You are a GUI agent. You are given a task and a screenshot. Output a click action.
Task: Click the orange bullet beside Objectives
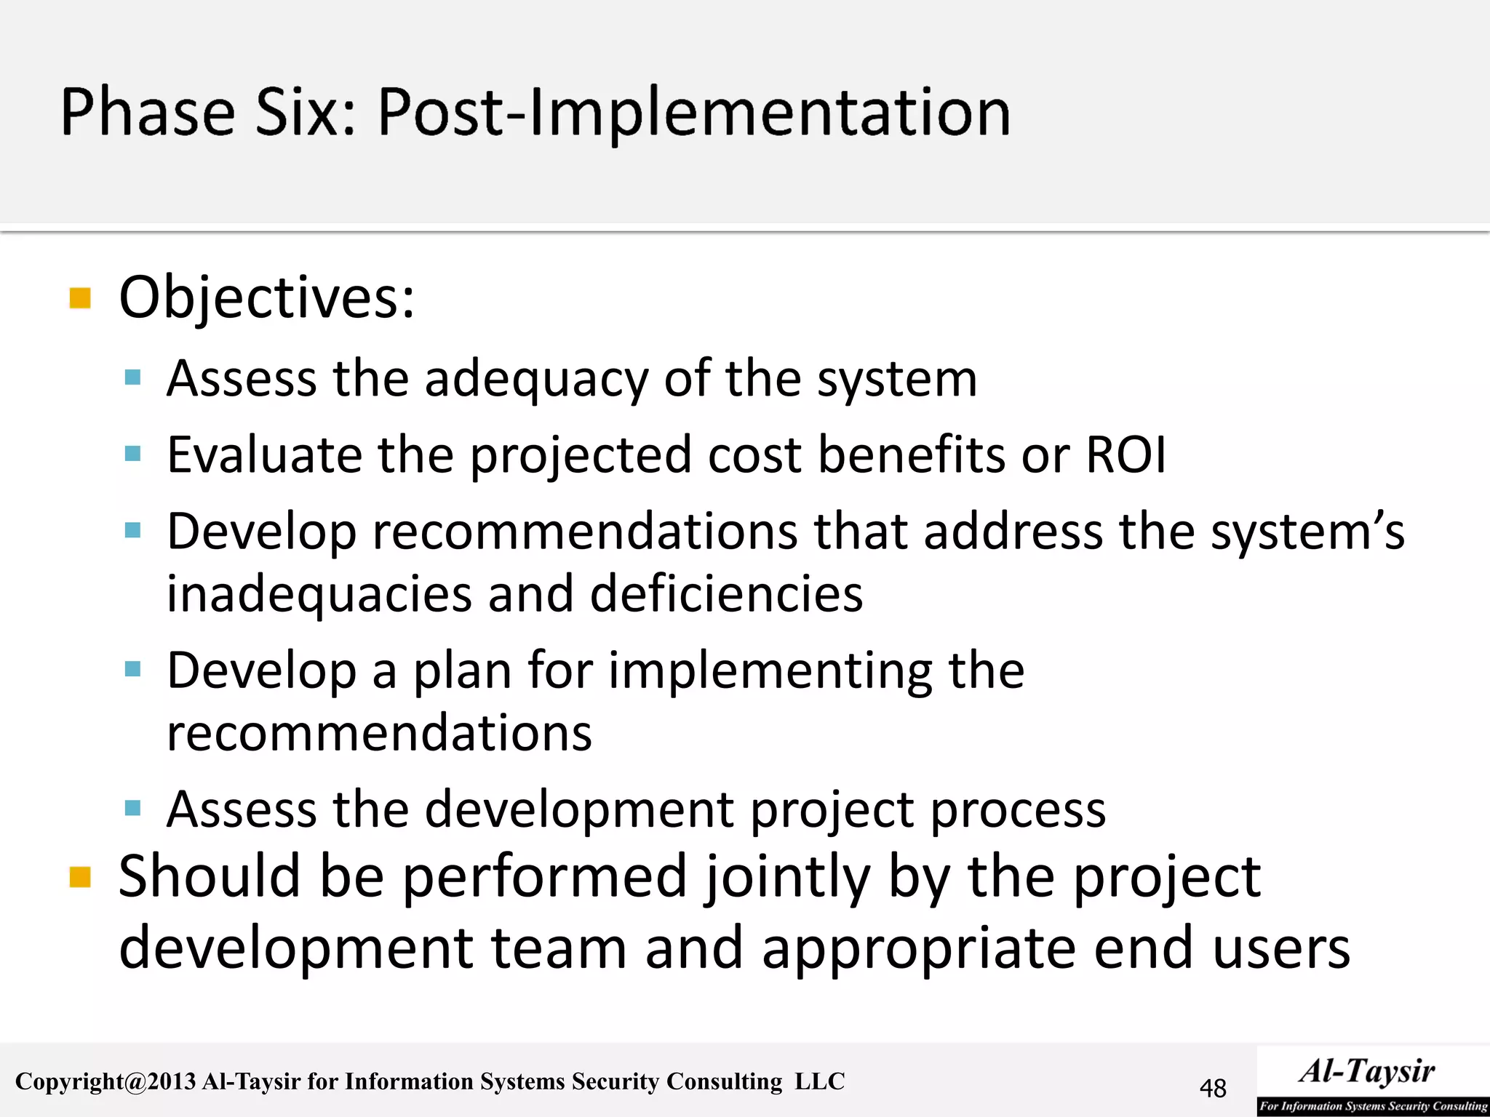tap(80, 298)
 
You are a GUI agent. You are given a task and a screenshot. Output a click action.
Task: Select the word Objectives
tap(266, 298)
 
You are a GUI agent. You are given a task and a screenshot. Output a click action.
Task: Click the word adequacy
tap(536, 380)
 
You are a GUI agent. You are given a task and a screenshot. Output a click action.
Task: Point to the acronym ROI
tap(1126, 455)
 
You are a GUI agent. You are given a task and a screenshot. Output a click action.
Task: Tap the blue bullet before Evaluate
tap(132, 455)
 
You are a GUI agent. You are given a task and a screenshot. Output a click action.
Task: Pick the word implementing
tap(770, 670)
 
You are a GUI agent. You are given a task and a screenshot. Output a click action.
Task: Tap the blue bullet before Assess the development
tap(132, 808)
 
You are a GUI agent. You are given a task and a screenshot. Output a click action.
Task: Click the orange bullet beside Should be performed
tap(80, 877)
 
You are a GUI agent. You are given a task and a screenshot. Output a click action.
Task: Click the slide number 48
tap(1213, 1089)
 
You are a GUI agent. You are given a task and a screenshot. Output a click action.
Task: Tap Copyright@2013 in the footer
tap(105, 1082)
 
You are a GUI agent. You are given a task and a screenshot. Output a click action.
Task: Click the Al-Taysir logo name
tap(1367, 1071)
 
